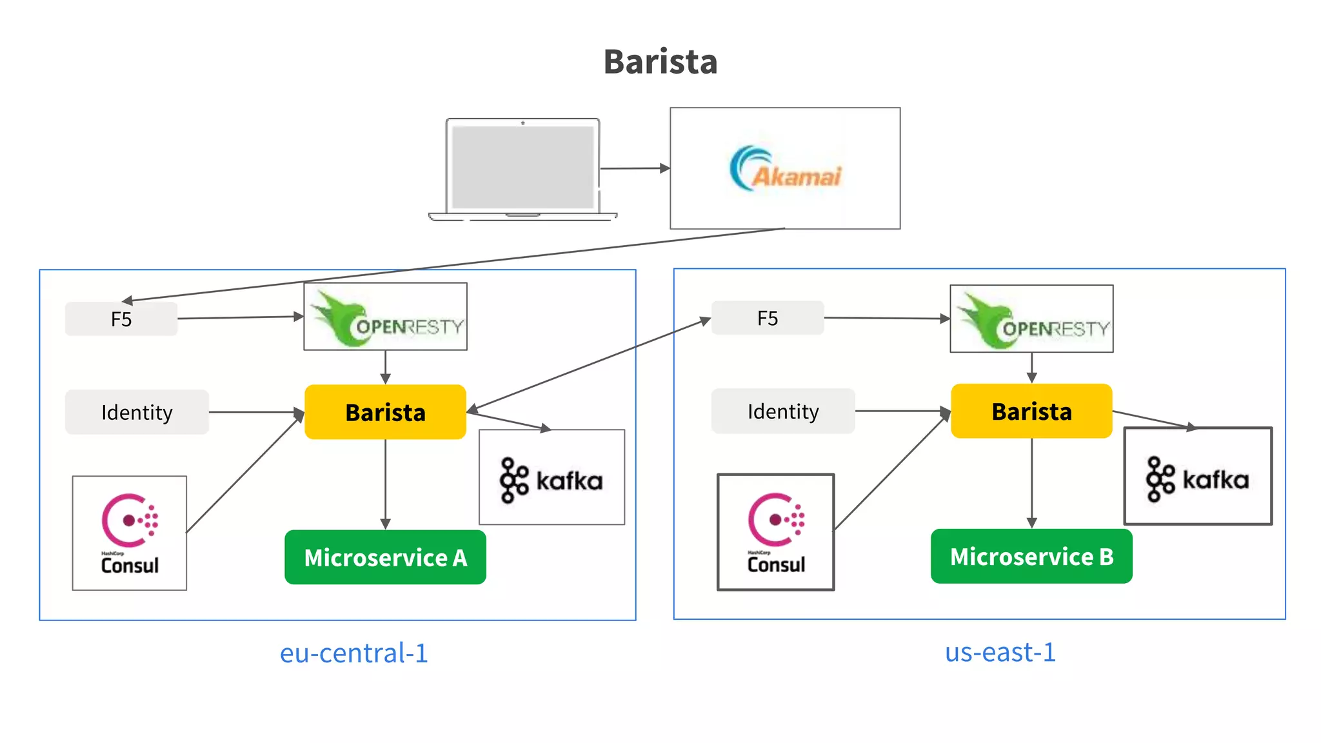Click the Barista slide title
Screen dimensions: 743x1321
(x=660, y=62)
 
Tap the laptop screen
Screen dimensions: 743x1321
(x=522, y=167)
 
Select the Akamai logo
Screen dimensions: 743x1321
(x=785, y=169)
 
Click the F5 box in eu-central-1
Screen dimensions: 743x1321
(x=121, y=319)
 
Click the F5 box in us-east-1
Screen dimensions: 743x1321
(x=768, y=318)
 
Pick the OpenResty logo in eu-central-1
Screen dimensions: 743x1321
(x=386, y=317)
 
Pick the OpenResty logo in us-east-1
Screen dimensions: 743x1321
(x=1031, y=319)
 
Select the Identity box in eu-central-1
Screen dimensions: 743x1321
(x=137, y=412)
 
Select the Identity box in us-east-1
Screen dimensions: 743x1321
(x=783, y=411)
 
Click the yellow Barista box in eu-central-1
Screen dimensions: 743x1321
(x=385, y=412)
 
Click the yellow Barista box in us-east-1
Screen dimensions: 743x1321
(x=1031, y=411)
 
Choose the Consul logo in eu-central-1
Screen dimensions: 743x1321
(x=130, y=533)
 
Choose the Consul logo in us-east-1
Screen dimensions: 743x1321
(x=776, y=533)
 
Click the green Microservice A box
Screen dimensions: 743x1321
(x=385, y=558)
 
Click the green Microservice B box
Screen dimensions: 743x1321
(x=1031, y=557)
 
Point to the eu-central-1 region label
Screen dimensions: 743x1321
(x=353, y=653)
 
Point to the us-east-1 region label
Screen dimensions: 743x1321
(x=1000, y=653)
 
